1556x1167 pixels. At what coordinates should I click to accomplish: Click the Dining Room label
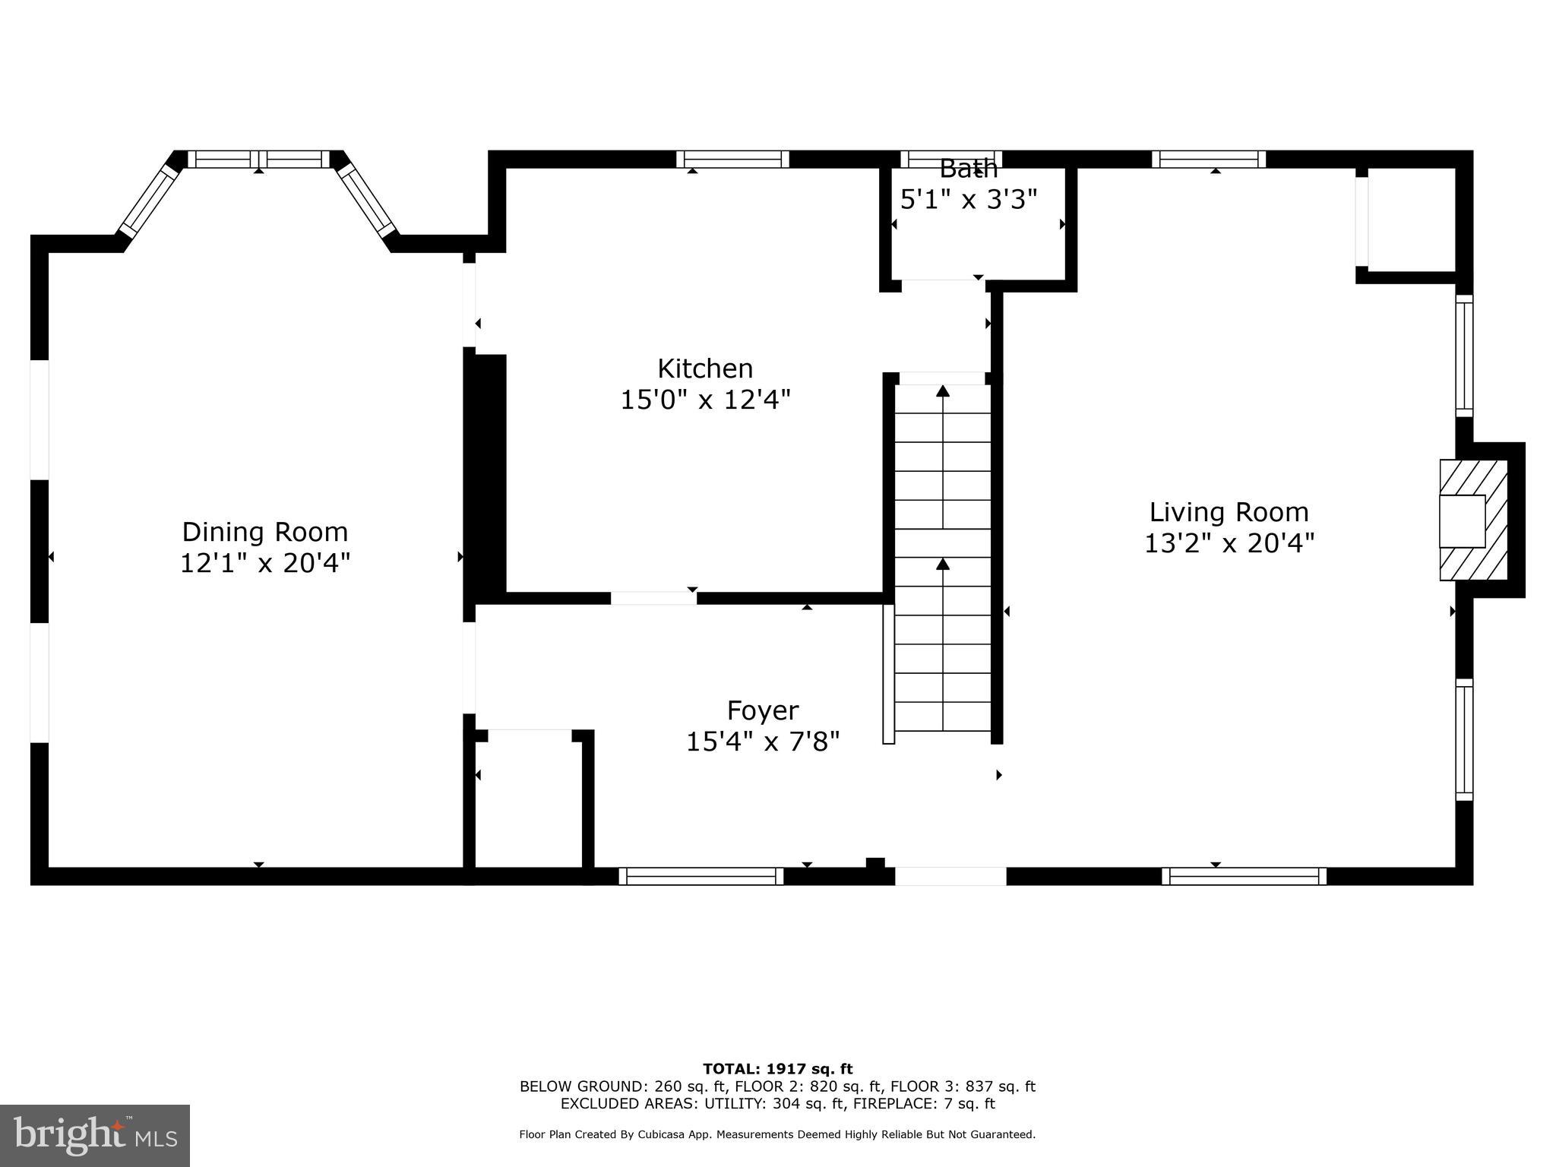(x=264, y=532)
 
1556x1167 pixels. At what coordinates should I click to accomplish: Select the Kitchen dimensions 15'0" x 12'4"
(x=705, y=400)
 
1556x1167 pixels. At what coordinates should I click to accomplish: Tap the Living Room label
(x=1229, y=512)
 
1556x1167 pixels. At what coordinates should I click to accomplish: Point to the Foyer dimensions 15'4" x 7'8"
(x=763, y=742)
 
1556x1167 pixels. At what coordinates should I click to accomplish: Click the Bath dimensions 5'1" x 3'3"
(x=969, y=200)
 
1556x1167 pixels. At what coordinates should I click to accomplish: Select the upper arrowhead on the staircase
(x=943, y=391)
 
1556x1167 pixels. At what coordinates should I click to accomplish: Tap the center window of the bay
(x=259, y=159)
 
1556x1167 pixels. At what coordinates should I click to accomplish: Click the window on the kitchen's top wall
(x=732, y=159)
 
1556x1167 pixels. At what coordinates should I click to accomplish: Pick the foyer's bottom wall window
(x=701, y=876)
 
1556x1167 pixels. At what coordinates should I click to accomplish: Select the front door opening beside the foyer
(x=950, y=876)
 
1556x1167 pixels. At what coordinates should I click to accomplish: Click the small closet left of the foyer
(x=529, y=802)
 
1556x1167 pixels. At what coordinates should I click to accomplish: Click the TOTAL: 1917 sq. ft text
(x=777, y=1069)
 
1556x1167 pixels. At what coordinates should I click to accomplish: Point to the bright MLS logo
(x=95, y=1135)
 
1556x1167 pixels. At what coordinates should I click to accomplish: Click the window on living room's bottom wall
(x=1244, y=876)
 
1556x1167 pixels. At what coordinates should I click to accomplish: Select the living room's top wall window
(x=1208, y=159)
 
